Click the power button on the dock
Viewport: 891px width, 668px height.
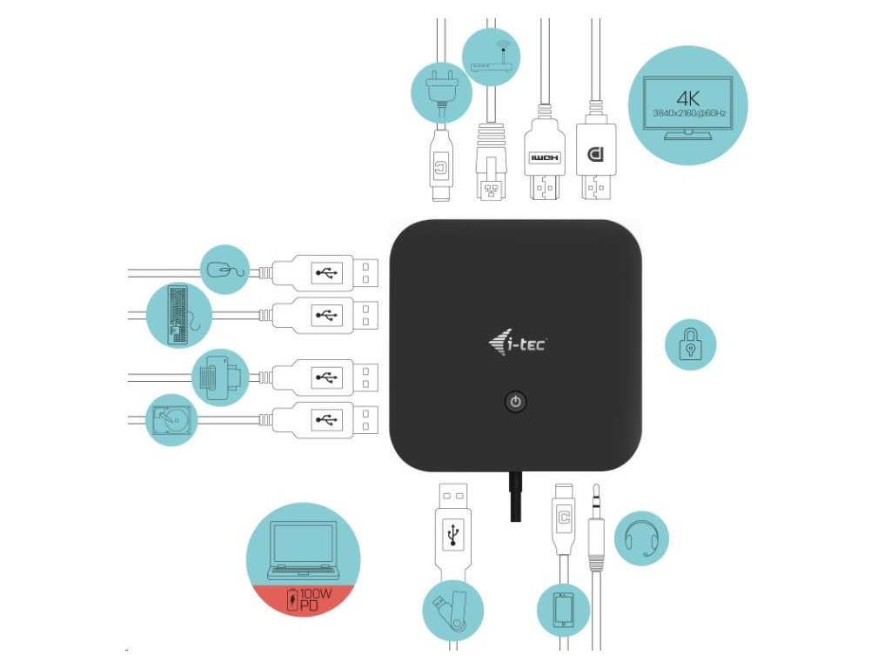(x=516, y=402)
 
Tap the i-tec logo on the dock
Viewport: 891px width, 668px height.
(x=518, y=344)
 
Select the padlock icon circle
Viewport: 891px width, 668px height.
(x=691, y=344)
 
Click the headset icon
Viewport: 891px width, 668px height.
(x=642, y=538)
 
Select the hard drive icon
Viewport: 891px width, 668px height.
(x=171, y=419)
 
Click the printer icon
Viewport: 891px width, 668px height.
(x=219, y=376)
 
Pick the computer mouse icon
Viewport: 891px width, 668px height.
(x=225, y=269)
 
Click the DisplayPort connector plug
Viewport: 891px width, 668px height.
(x=596, y=157)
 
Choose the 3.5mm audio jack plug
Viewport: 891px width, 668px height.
(x=596, y=531)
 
